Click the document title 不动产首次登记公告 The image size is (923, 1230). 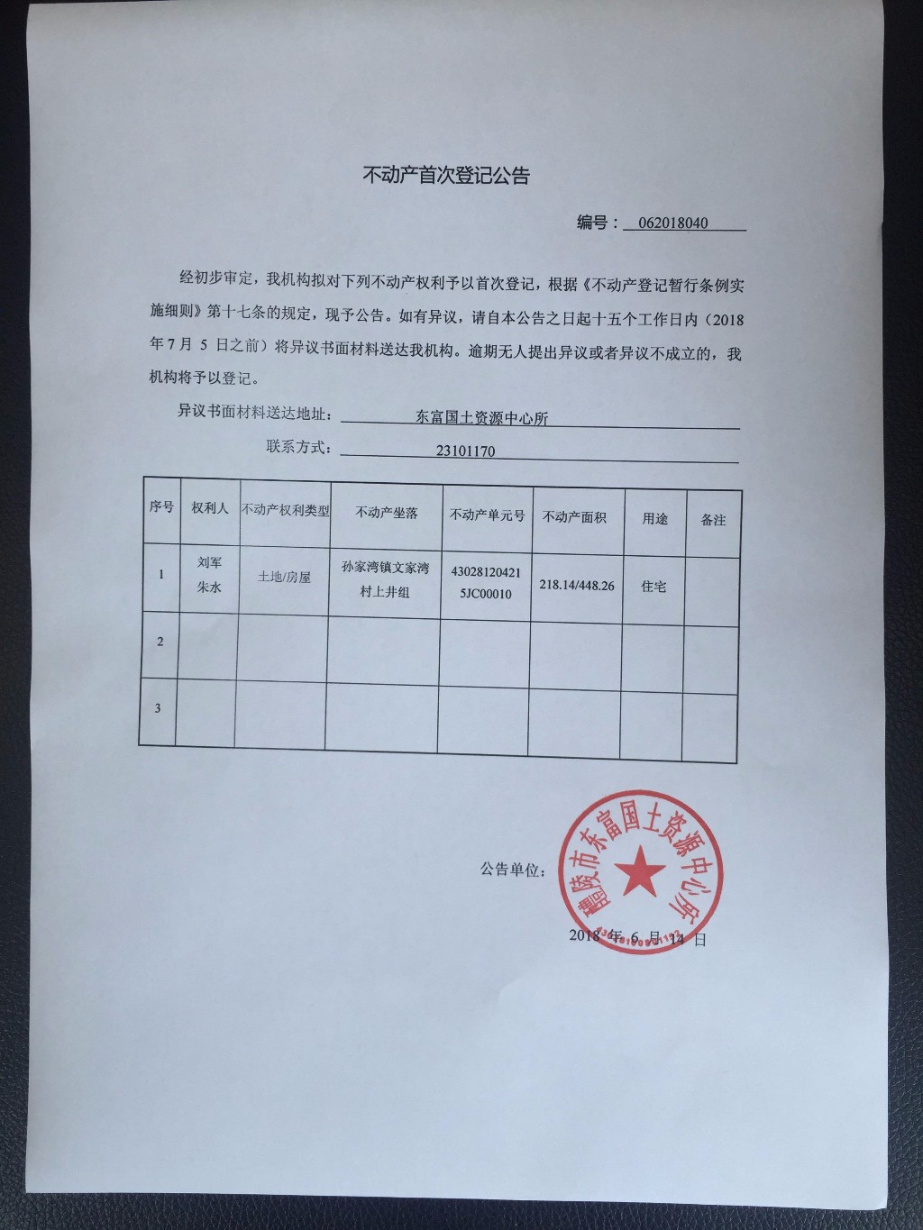pyautogui.click(x=446, y=175)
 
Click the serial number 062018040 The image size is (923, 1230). pyautogui.click(x=672, y=223)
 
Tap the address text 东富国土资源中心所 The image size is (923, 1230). pyautogui.click(x=481, y=417)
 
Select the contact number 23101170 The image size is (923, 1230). pyautogui.click(x=465, y=451)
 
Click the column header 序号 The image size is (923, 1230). pyautogui.click(x=161, y=506)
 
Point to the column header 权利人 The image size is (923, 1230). pyautogui.click(x=210, y=508)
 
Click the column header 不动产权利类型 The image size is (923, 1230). pyautogui.click(x=285, y=510)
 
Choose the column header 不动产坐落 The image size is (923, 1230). pyautogui.click(x=387, y=512)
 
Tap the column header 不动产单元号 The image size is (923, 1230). pyautogui.click(x=487, y=515)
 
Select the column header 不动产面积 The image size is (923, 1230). pyautogui.click(x=574, y=516)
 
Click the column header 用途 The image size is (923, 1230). pyautogui.click(x=655, y=518)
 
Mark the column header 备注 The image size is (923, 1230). pyautogui.click(x=713, y=519)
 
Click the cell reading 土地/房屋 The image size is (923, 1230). pyautogui.click(x=284, y=576)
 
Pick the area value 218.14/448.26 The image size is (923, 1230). pyautogui.click(x=577, y=585)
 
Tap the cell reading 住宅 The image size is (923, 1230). pyautogui.click(x=653, y=586)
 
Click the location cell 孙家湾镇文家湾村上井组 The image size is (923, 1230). pyautogui.click(x=385, y=579)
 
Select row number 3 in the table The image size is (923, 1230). pyautogui.click(x=158, y=708)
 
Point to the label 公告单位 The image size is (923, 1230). pyautogui.click(x=512, y=870)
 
